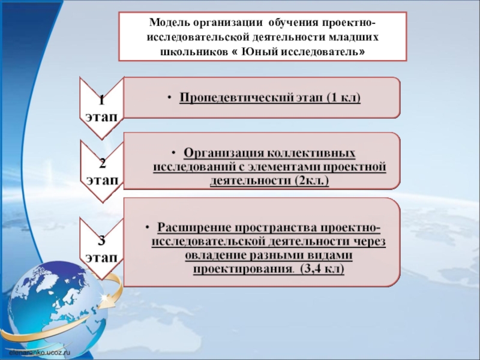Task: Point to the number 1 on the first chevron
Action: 101,99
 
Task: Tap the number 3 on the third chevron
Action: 101,241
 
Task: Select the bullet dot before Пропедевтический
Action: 170,97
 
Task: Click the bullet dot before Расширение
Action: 148,229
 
